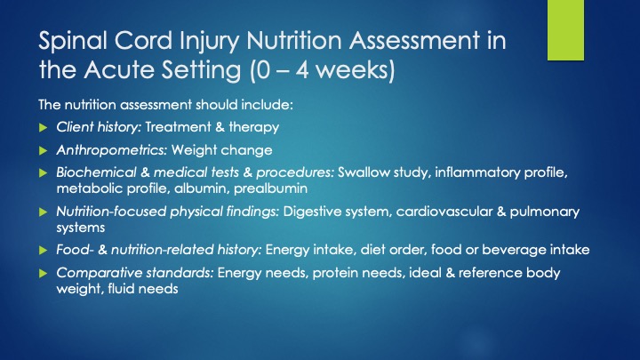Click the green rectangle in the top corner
(565, 30)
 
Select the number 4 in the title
(301, 70)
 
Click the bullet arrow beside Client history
(44, 128)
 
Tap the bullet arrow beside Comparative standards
(44, 274)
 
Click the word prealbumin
(270, 188)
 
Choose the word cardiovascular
(444, 212)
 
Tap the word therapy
(254, 127)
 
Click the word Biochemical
(96, 172)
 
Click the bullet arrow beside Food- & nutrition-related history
(44, 250)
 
